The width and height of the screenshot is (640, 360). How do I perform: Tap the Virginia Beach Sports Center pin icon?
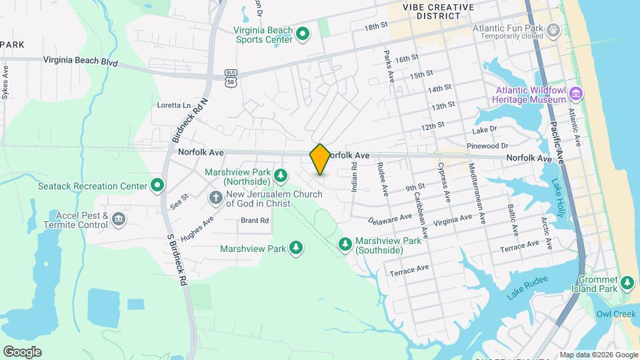point(302,33)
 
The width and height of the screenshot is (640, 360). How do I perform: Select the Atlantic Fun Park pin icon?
point(553,29)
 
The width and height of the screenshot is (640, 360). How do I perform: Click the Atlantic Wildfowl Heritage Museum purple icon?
point(576,95)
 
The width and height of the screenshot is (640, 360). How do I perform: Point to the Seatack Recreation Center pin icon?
point(157,185)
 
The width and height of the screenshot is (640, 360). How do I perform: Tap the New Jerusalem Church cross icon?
point(215,197)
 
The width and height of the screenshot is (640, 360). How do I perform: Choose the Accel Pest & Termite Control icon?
point(118,218)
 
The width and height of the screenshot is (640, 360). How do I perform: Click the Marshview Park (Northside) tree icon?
point(281,175)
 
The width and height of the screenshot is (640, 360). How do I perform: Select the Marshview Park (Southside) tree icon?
point(345,245)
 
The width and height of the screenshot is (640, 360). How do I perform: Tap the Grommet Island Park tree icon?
point(627,283)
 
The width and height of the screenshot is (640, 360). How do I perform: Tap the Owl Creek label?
point(611,313)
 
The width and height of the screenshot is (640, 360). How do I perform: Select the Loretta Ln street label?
point(173,105)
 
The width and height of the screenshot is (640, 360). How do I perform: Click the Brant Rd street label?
point(255,220)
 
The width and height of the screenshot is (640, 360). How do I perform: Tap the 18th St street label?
point(376,26)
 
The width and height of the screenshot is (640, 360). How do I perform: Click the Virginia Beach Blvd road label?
point(80,61)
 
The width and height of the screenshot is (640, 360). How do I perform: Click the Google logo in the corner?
point(22,351)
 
